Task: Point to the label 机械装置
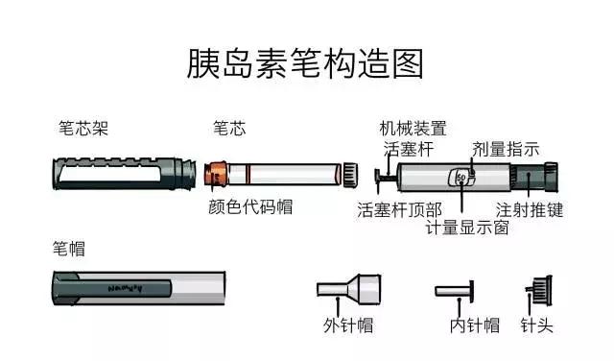pos(413,129)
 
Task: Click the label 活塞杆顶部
pos(400,208)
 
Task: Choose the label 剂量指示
pos(506,149)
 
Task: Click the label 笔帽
pos(68,248)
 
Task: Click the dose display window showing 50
pos(461,178)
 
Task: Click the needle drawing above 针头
pos(538,290)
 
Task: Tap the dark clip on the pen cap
pos(125,286)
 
